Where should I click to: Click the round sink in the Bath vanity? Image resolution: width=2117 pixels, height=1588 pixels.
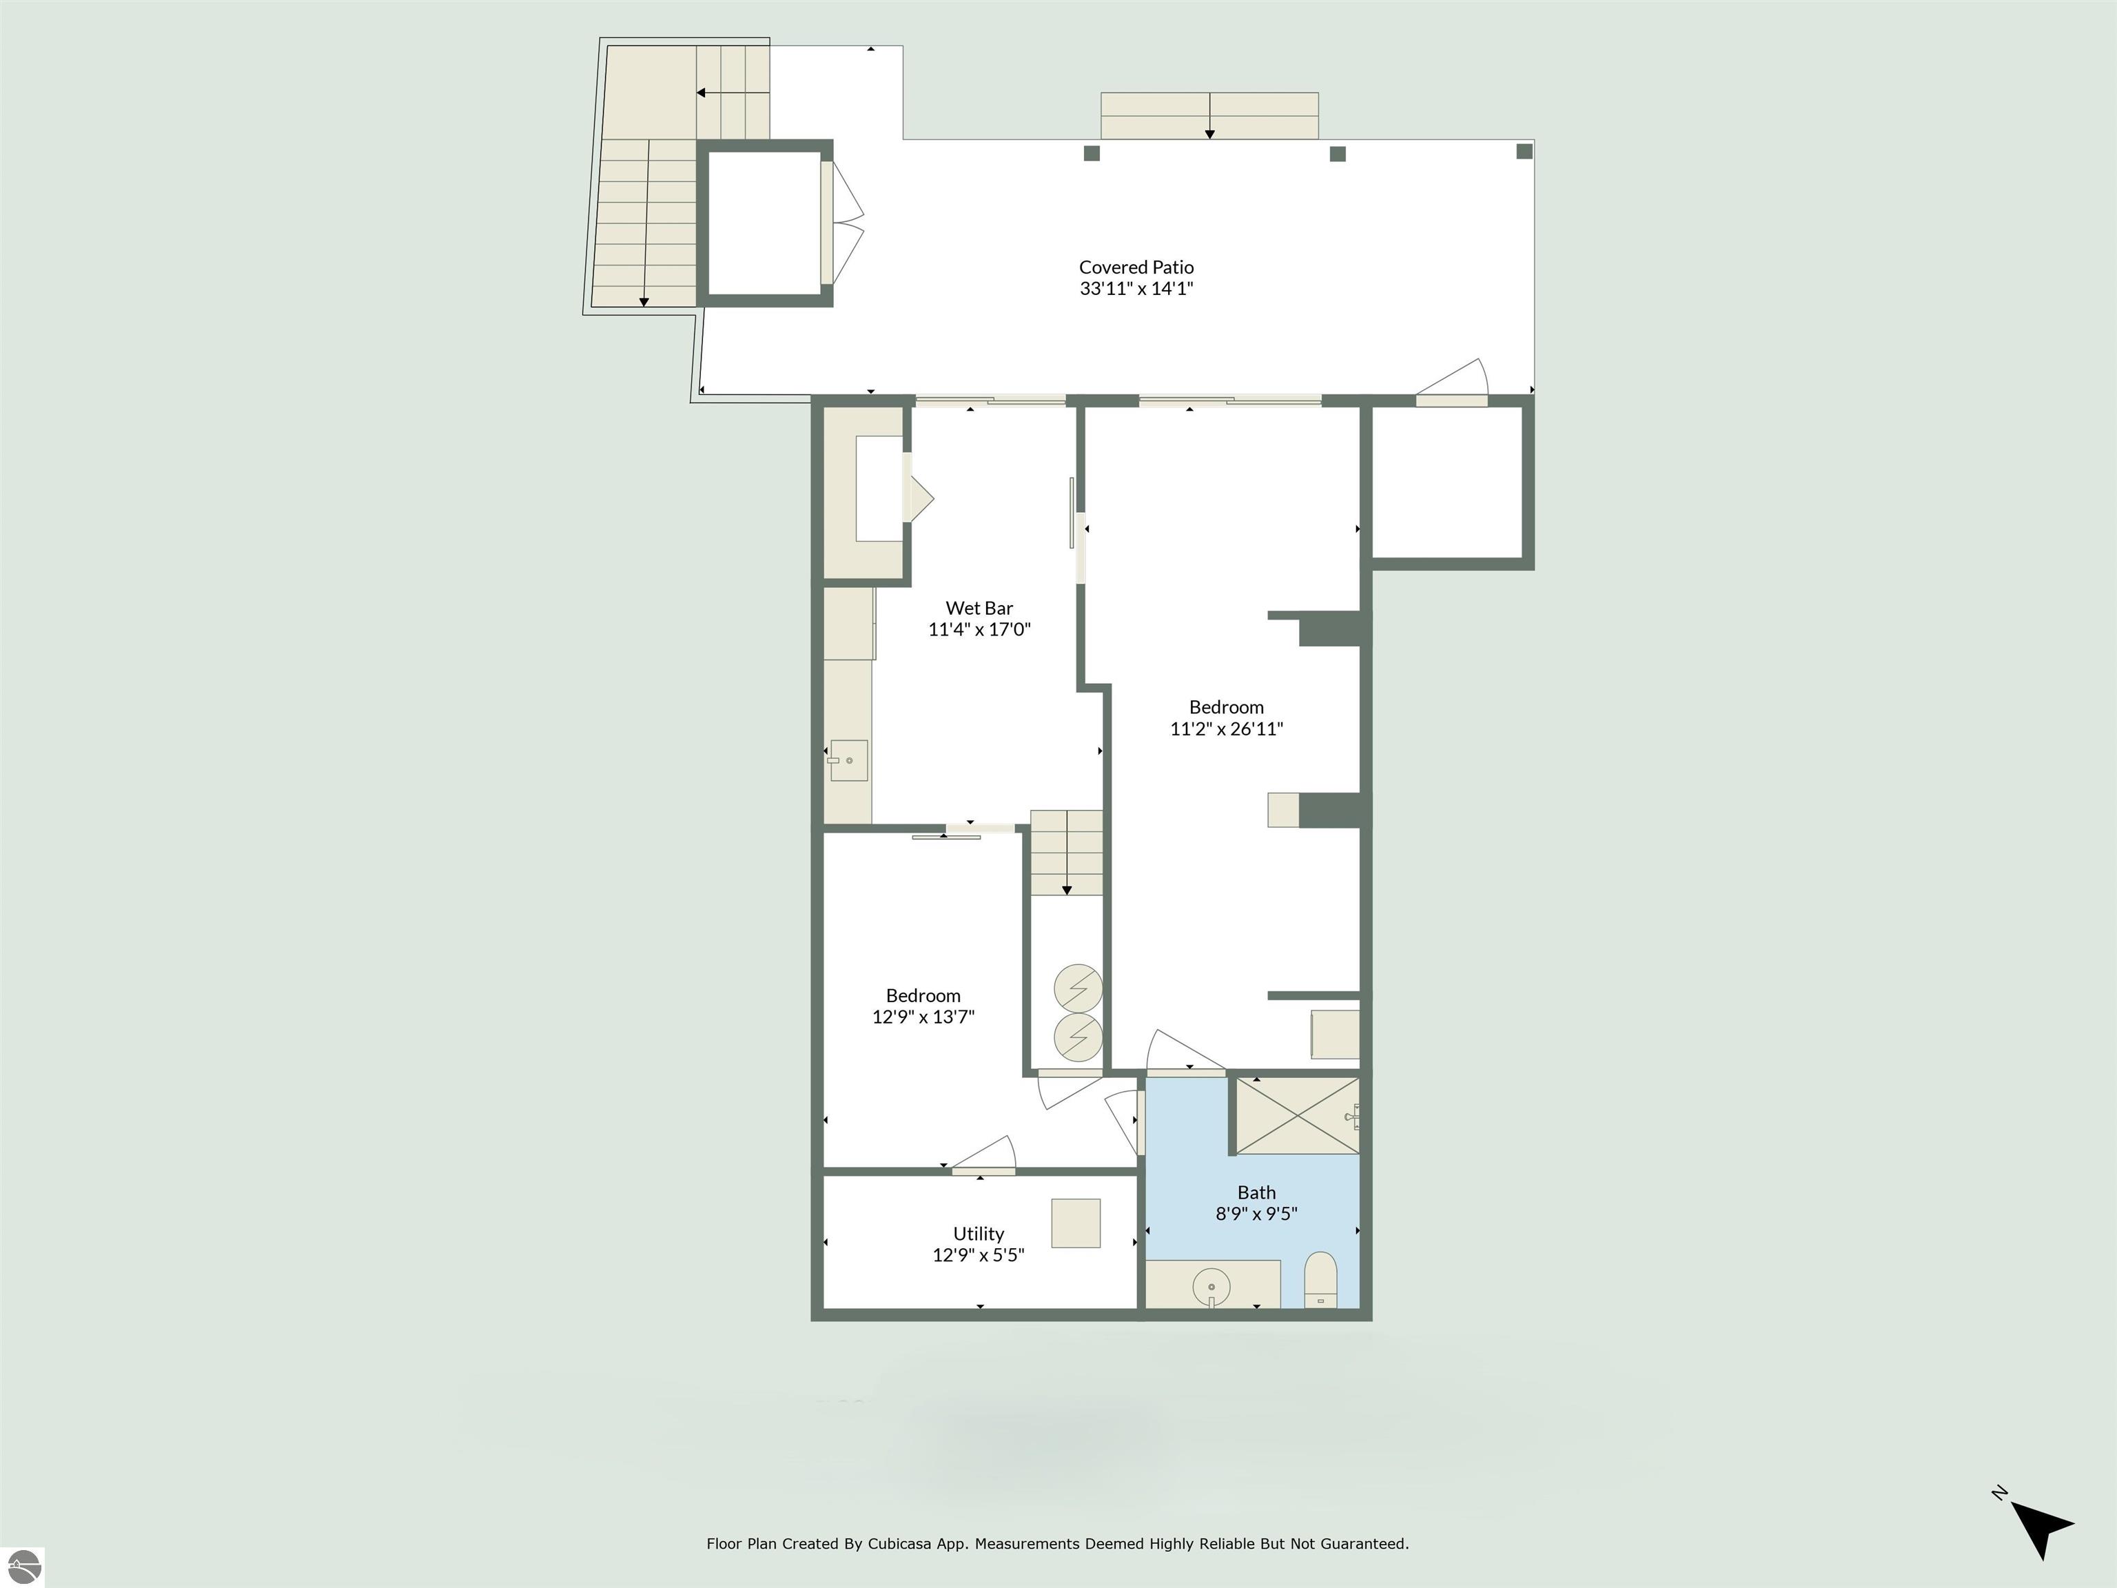[x=1211, y=1287]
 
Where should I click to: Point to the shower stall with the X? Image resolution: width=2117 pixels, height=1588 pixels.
[x=1298, y=1116]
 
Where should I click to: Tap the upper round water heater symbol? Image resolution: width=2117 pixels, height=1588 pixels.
[x=1078, y=988]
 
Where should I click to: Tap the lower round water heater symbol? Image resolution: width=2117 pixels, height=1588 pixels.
[x=1078, y=1037]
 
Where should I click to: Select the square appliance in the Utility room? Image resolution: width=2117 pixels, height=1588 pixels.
[x=1076, y=1223]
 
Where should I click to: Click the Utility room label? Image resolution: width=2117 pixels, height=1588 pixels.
[x=978, y=1234]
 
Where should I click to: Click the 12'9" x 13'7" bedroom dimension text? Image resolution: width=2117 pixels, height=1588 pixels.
[x=923, y=1017]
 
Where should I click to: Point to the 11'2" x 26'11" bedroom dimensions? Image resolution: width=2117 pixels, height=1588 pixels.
[x=1226, y=729]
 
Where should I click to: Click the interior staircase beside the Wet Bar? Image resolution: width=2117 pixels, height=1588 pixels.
[x=1066, y=853]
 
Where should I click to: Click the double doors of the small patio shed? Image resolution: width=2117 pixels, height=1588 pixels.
[x=842, y=223]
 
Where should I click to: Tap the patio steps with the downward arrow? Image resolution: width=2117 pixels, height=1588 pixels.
[x=1209, y=116]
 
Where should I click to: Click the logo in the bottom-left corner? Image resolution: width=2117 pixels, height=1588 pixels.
[x=22, y=1567]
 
